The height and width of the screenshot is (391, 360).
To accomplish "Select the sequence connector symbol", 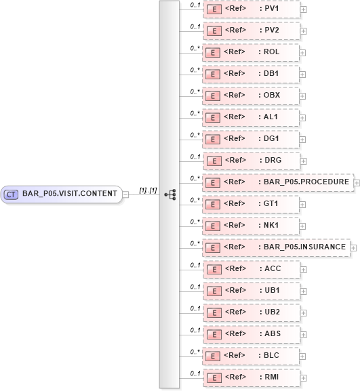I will (x=169, y=194).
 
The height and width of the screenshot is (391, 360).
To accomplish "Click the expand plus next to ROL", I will (x=303, y=53).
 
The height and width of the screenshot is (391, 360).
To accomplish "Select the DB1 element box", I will (x=252, y=74).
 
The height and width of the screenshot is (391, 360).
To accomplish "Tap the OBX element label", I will (x=271, y=96).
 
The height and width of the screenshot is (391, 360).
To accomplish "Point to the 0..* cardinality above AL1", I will (x=195, y=113).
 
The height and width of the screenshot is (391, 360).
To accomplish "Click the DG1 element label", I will (x=271, y=139).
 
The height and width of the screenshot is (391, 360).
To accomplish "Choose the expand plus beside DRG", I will (x=303, y=161).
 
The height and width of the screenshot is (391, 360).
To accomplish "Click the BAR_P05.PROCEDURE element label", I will (x=304, y=182).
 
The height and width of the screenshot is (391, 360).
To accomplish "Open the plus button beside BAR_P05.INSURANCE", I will (x=353, y=247).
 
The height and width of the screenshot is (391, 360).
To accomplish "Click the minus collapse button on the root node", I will (x=125, y=194).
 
